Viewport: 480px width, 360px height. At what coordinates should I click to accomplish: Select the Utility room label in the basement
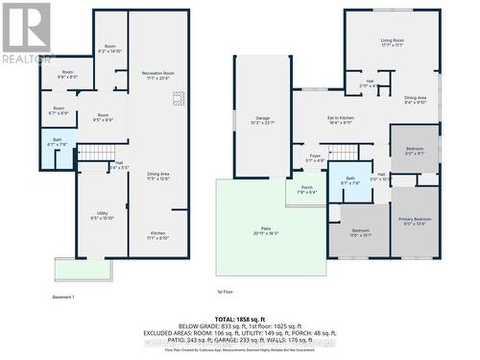[102, 215]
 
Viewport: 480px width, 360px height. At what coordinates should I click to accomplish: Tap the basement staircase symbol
[96, 152]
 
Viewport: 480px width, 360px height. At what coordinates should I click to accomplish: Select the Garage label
[262, 120]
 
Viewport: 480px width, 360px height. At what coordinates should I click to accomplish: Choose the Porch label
[306, 189]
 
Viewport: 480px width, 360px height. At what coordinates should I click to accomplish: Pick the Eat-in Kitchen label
[342, 120]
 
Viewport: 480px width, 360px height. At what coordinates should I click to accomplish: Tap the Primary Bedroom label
[415, 221]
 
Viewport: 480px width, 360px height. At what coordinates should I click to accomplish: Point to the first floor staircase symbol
[344, 152]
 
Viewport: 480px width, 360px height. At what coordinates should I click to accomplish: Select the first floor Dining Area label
[415, 99]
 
